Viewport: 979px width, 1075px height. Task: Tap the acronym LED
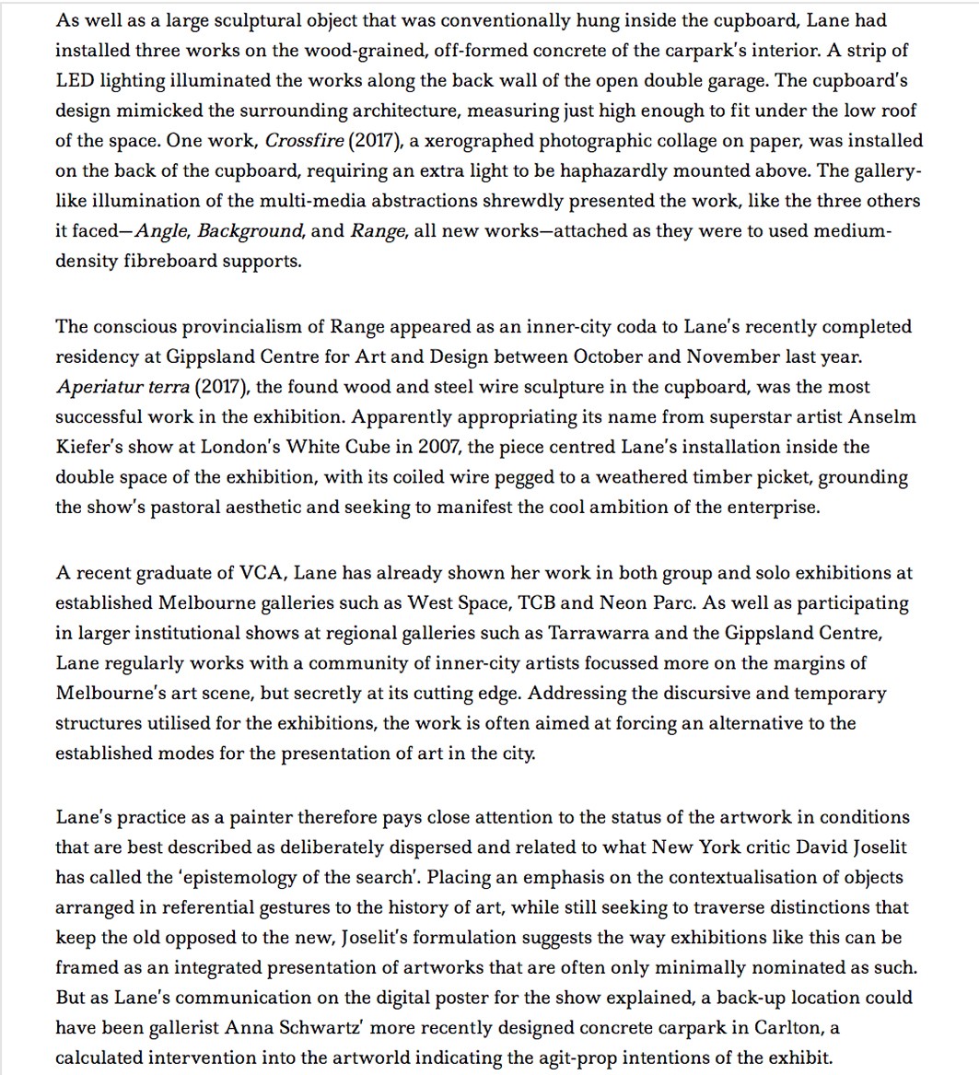pos(75,80)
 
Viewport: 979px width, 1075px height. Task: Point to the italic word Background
pos(250,230)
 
